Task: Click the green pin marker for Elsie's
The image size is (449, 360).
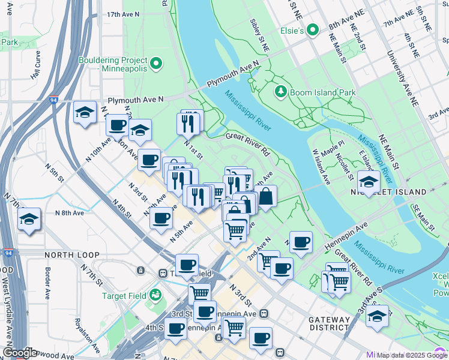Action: coord(312,29)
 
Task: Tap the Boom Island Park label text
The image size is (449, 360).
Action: coord(323,92)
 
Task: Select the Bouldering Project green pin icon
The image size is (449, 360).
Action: coord(156,62)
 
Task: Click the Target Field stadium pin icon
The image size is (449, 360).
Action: coord(156,294)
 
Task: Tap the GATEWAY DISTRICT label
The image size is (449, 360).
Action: coord(329,323)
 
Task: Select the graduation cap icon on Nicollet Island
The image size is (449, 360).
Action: coord(369,182)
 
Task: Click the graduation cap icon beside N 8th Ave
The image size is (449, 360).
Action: coord(29,220)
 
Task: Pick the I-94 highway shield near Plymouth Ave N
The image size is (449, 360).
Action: coord(53,102)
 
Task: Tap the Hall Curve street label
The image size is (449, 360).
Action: coord(37,64)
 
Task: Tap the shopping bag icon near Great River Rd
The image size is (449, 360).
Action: coord(265,196)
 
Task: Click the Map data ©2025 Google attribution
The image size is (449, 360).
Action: coord(412,355)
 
